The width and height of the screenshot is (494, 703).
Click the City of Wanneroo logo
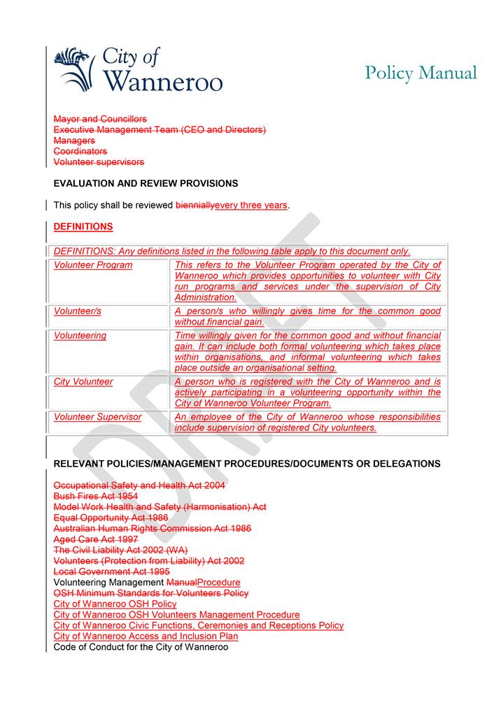138,70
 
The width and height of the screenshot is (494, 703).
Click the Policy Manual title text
421,73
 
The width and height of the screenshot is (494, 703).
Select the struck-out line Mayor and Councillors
100,119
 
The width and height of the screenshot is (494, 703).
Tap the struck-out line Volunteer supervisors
99,162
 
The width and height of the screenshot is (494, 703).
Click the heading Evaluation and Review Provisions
146,183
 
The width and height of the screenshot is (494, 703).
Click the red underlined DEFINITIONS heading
83,227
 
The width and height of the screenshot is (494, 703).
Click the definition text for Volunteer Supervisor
307,422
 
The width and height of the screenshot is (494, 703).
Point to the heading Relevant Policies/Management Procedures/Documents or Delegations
247,463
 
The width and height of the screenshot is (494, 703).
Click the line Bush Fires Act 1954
96,495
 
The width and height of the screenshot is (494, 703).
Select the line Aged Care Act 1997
96,539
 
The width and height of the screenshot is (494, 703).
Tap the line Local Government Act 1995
111,571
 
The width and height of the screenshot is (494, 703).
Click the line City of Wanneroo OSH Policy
115,604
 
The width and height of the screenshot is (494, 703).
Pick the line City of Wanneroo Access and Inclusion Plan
146,636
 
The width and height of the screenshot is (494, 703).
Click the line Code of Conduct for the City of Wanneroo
141,646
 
